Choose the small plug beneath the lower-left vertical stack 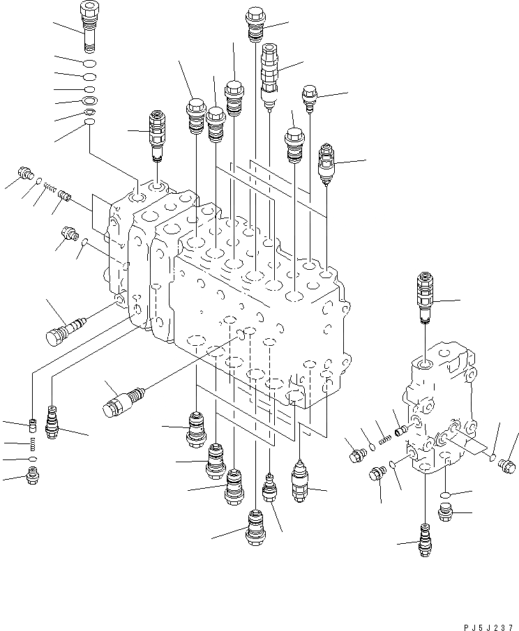click(32, 476)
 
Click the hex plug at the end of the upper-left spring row click(27, 172)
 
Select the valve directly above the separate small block click(424, 297)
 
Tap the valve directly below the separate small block click(423, 539)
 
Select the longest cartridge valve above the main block click(269, 73)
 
